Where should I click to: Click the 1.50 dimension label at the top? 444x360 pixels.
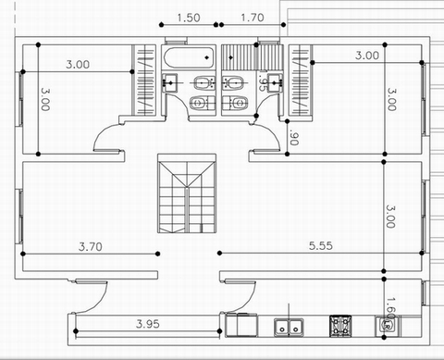(x=188, y=17)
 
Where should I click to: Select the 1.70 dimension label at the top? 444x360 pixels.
(x=253, y=17)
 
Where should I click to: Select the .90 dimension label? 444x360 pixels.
(x=293, y=139)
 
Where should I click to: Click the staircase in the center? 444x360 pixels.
(x=187, y=195)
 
